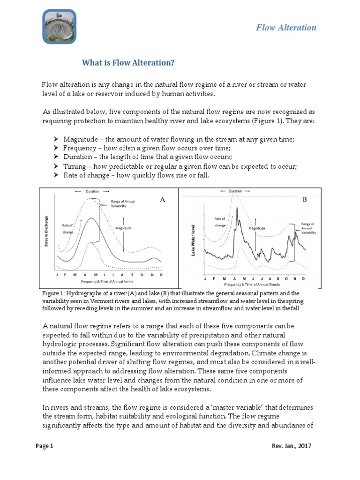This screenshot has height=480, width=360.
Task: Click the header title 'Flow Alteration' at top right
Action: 286,27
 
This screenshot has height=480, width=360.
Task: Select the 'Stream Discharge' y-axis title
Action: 47,232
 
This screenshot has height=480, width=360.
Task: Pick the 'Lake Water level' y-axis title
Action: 193,240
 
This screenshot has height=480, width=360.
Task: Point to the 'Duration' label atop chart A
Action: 91,192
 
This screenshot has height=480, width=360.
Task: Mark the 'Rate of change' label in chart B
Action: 220,222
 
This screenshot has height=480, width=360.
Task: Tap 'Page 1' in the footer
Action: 45,446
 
